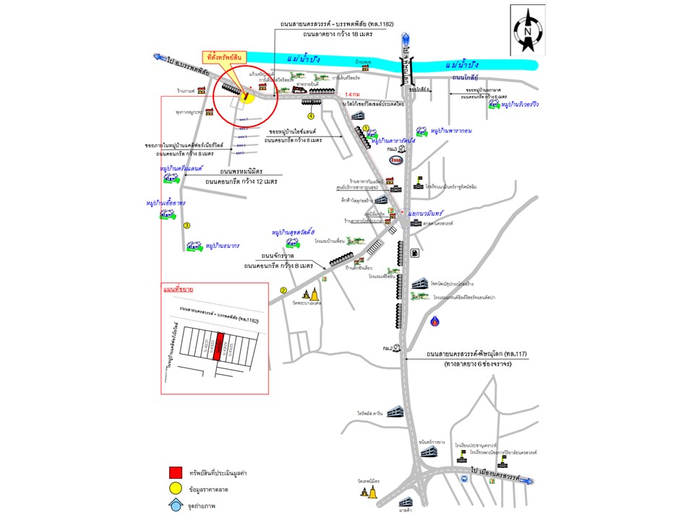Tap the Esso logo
click(395, 160)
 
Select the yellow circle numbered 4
click(312, 116)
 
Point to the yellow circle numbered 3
click(187, 226)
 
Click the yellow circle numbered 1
click(366, 128)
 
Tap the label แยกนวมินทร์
click(425, 214)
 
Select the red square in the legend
click(175, 472)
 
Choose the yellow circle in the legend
click(175, 490)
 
